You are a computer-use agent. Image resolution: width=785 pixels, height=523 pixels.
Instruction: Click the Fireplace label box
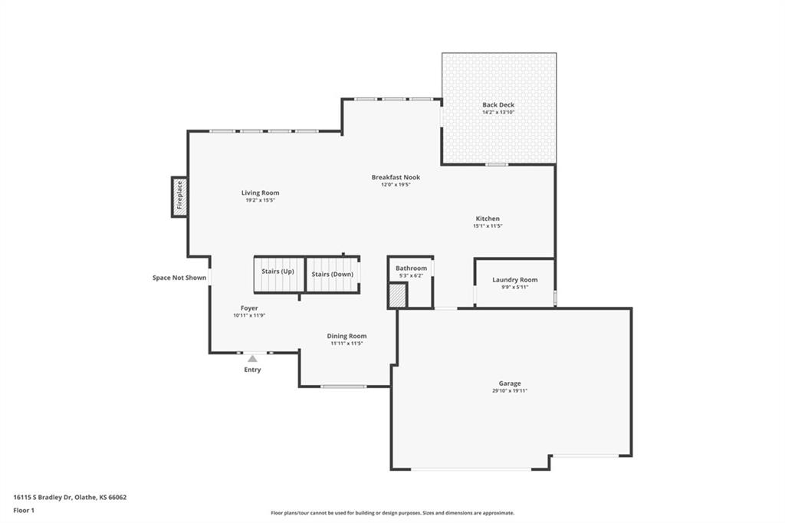click(179, 197)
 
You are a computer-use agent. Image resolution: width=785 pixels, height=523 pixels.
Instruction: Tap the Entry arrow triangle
click(252, 359)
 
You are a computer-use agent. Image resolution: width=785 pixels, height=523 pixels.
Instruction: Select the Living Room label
click(261, 193)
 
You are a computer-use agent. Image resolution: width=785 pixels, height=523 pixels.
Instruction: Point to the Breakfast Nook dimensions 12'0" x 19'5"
click(396, 185)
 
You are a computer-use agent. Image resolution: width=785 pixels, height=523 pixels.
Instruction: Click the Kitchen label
click(488, 219)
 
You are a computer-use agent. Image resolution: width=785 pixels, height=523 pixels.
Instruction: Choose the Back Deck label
click(498, 105)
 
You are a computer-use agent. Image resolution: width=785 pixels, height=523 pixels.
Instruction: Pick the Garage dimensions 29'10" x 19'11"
click(510, 391)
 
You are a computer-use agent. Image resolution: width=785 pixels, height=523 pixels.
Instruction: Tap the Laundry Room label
click(514, 280)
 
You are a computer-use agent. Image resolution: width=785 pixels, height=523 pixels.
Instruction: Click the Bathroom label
click(412, 268)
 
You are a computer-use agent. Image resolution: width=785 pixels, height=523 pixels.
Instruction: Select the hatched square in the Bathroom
click(398, 295)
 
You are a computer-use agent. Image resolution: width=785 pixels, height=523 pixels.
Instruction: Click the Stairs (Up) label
click(278, 271)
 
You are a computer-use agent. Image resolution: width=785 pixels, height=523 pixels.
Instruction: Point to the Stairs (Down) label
click(333, 275)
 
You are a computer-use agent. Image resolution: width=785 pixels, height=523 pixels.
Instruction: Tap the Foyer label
click(249, 308)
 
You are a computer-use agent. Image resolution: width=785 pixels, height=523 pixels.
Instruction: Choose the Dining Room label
click(347, 336)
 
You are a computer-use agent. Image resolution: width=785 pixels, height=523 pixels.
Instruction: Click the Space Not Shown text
click(179, 278)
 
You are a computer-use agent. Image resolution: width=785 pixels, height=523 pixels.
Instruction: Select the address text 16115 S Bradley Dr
click(43, 498)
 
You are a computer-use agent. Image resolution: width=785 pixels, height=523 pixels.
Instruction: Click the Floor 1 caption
click(24, 511)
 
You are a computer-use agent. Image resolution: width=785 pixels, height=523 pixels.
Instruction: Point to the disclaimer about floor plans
click(392, 513)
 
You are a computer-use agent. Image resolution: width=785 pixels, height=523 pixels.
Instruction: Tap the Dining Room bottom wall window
click(343, 386)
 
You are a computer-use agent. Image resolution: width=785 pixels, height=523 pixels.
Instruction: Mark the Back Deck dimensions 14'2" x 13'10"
click(498, 112)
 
